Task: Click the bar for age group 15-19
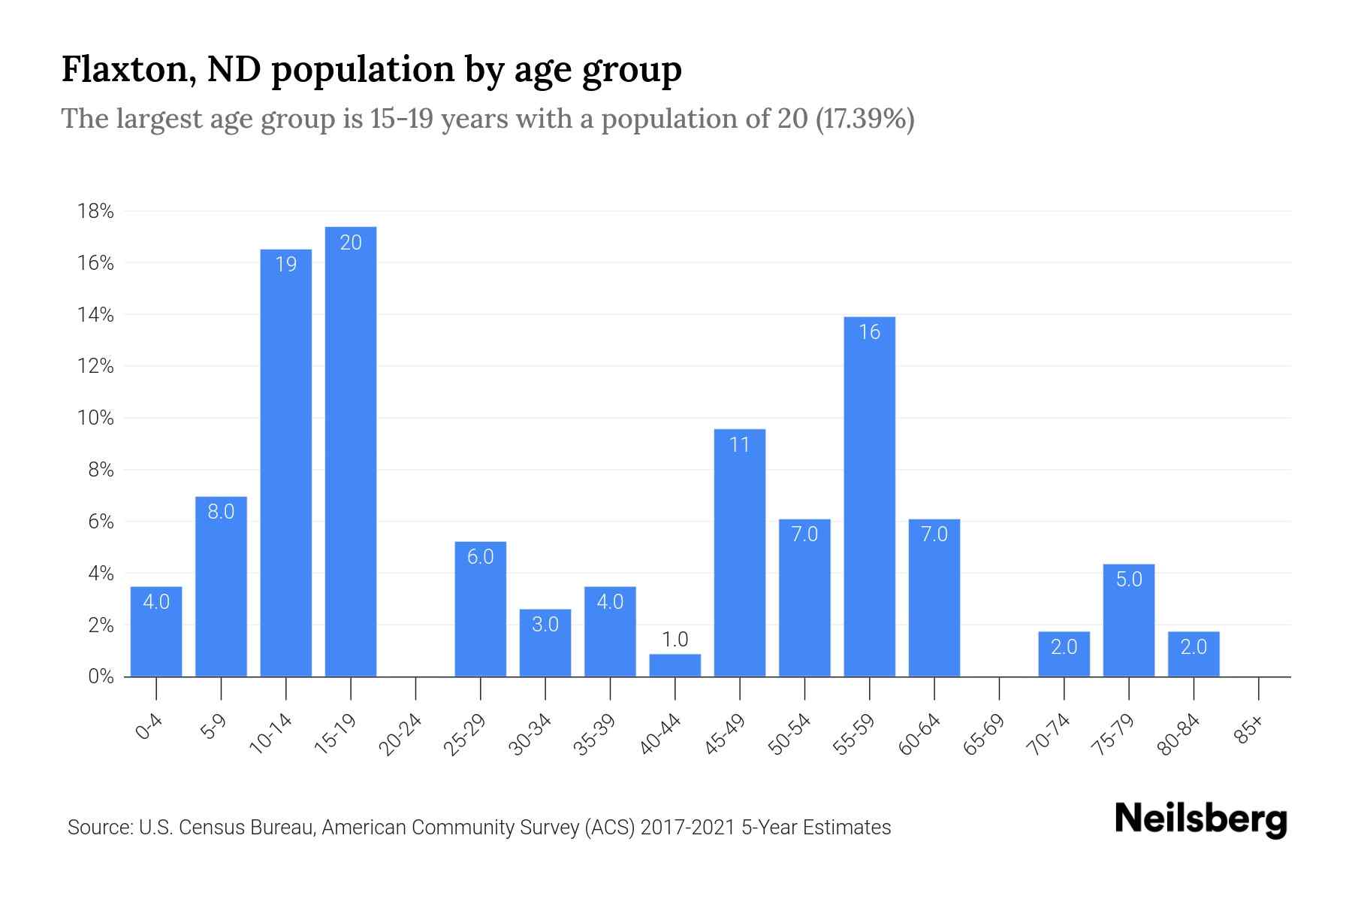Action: [351, 451]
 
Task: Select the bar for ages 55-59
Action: [869, 496]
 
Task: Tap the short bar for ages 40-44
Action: [674, 665]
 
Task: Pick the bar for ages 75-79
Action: [1128, 620]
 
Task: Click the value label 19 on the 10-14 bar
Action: [286, 265]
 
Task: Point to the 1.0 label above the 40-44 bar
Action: [674, 640]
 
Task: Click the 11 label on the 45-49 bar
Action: [740, 445]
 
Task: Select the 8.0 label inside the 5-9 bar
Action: [221, 512]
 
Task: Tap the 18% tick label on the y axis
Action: [95, 211]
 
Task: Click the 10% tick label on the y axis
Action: [95, 419]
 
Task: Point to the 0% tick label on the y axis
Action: [101, 676]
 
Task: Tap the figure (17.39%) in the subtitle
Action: [865, 119]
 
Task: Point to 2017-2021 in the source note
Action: [688, 828]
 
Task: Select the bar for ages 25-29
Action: [481, 609]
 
